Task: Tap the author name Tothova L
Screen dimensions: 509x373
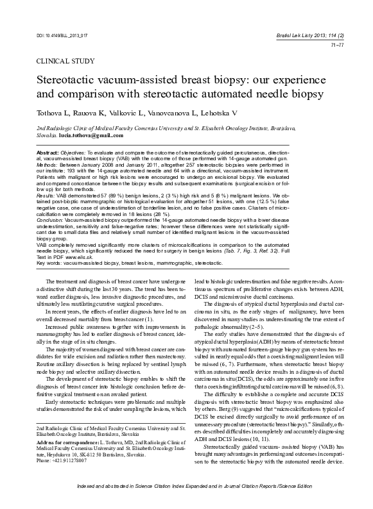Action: coord(55,113)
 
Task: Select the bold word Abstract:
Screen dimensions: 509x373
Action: coord(48,153)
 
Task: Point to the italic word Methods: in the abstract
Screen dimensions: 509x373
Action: coord(48,164)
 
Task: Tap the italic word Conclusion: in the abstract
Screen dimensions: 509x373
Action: coord(50,219)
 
